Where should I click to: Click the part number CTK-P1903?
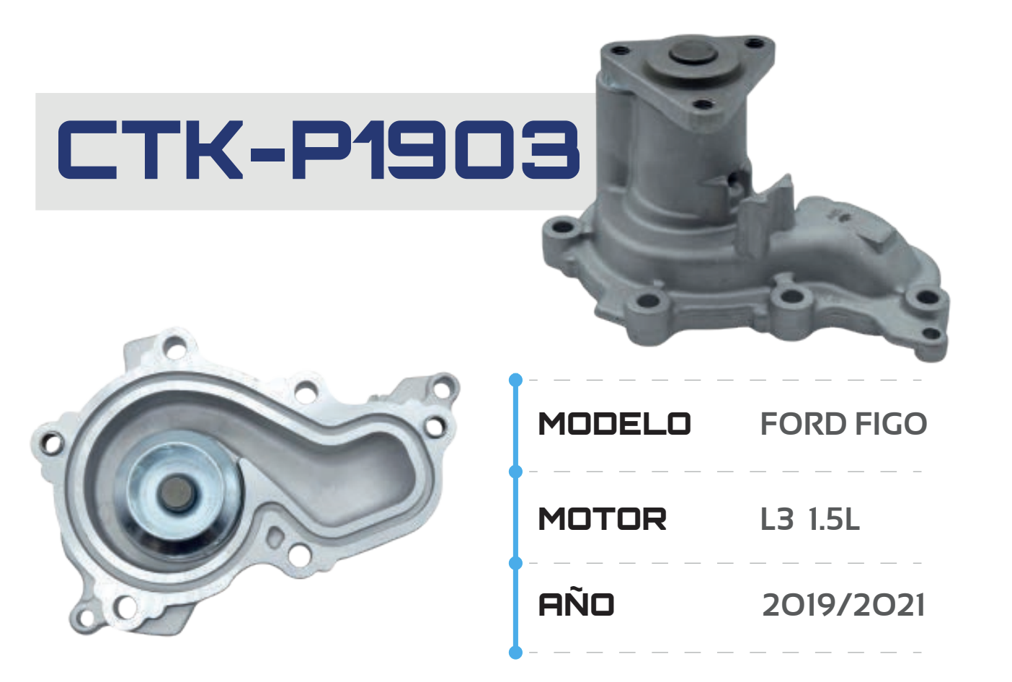click(x=318, y=150)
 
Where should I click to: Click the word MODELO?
click(x=614, y=424)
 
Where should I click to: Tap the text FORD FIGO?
click(x=843, y=424)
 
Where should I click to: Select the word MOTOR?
click(x=602, y=519)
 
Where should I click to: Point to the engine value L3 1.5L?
click(x=810, y=519)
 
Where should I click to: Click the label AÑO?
click(x=576, y=604)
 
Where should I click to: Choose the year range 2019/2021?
click(x=843, y=605)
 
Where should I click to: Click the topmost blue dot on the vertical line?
click(x=515, y=380)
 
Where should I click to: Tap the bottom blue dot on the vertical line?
click(x=515, y=652)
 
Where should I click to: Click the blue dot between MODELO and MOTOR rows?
click(x=515, y=471)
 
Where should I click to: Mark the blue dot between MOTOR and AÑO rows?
click(x=515, y=562)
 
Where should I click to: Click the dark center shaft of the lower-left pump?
click(x=176, y=494)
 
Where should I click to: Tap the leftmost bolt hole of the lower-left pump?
click(x=50, y=443)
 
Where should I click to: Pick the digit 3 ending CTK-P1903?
click(x=551, y=150)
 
